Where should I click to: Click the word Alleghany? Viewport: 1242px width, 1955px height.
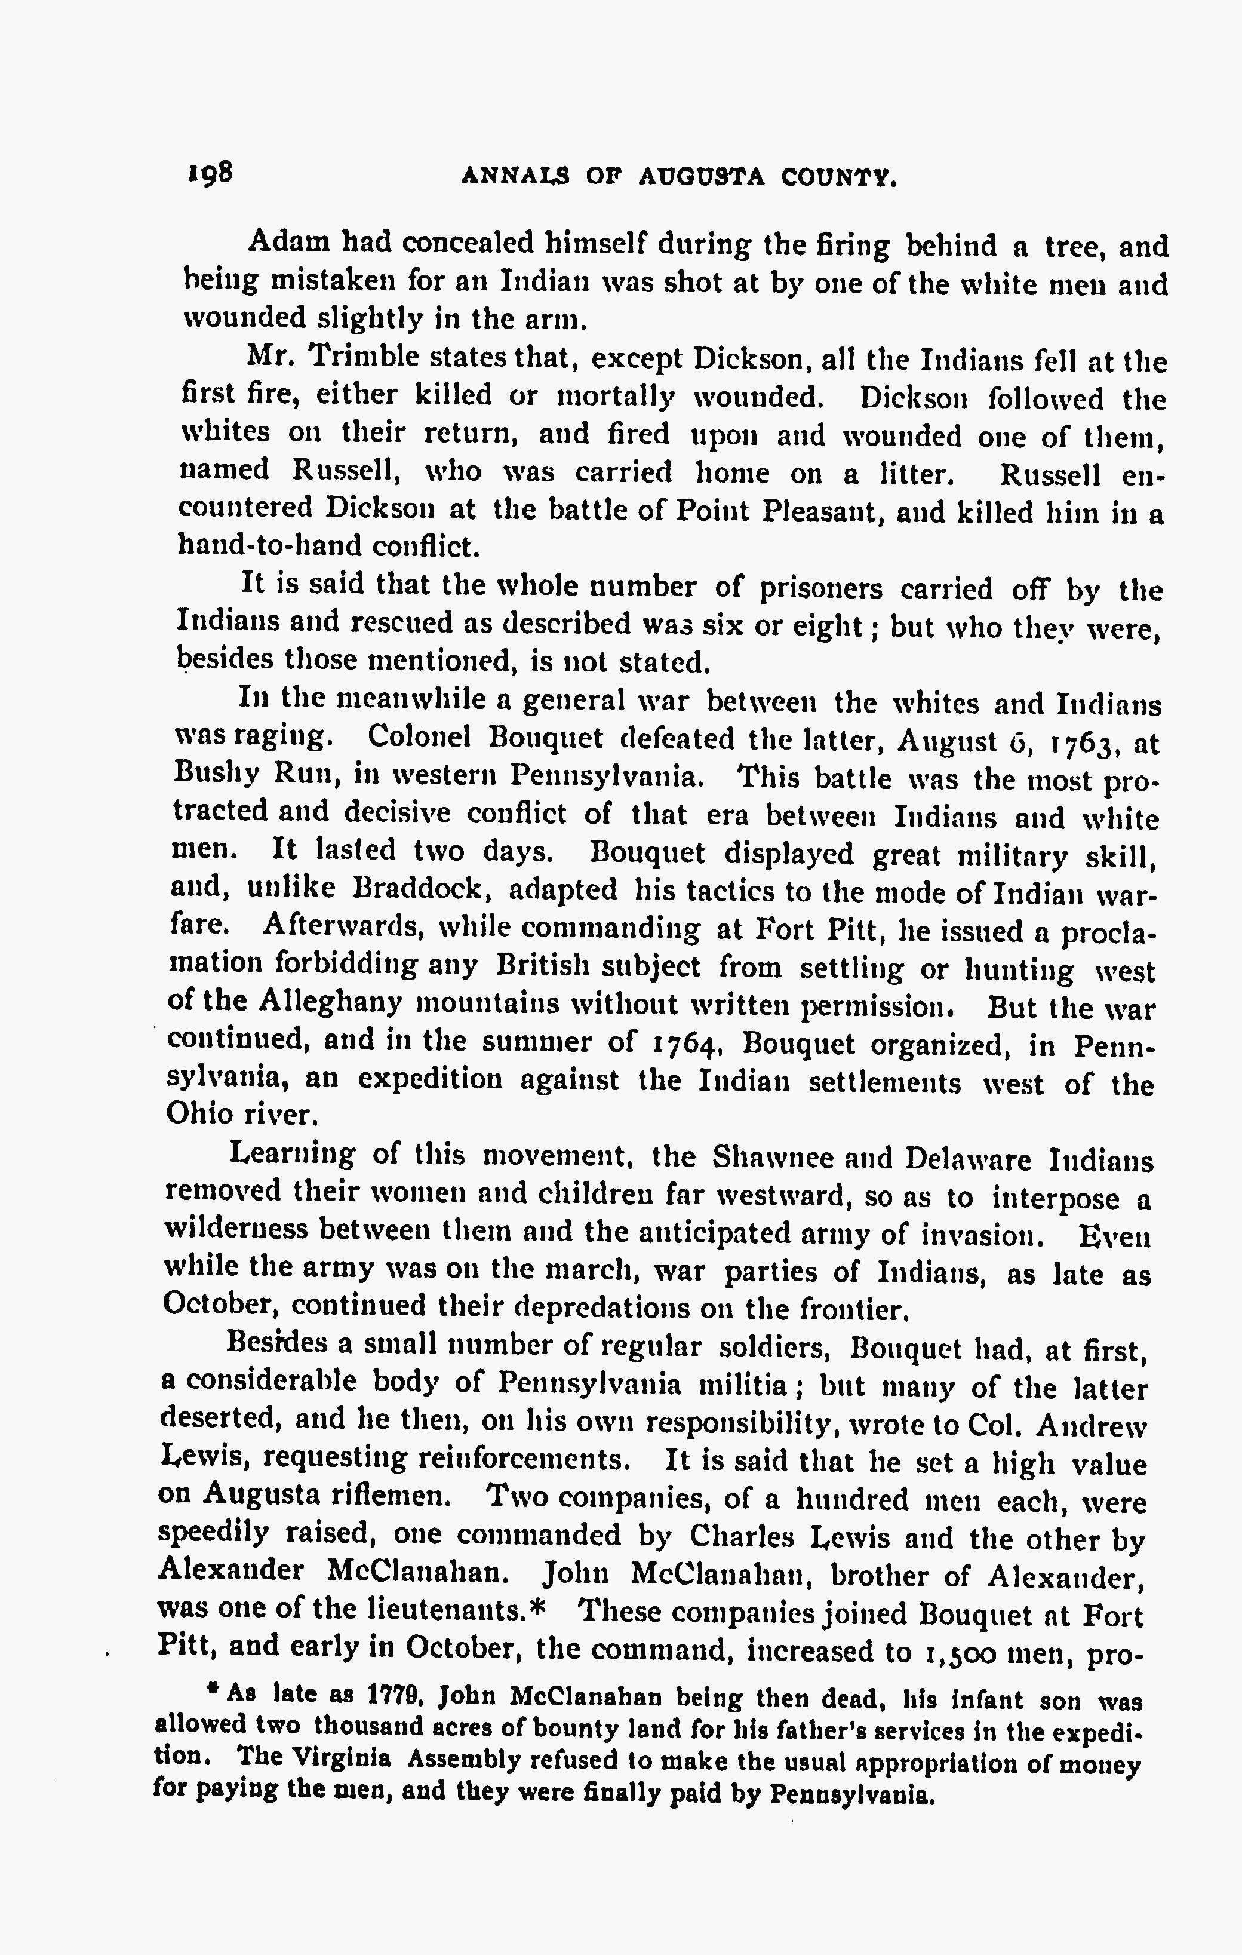point(330,1003)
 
